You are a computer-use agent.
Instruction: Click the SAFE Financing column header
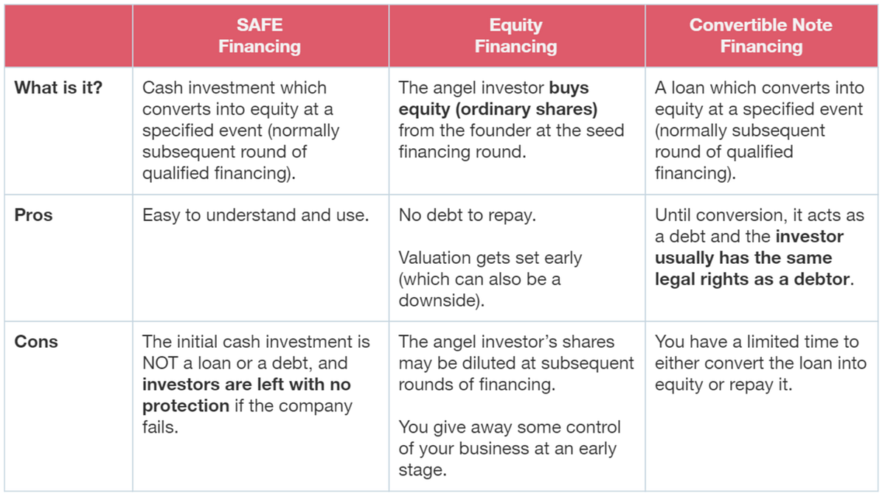click(x=260, y=36)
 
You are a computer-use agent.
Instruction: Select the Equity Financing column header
click(x=516, y=36)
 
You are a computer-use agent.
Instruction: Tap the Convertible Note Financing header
click(x=761, y=36)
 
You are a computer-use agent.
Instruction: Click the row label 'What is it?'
click(x=58, y=88)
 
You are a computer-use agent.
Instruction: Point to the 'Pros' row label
click(x=34, y=216)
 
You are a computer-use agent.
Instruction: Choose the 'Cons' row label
click(x=36, y=342)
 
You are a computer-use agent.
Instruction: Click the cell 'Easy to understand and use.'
click(x=254, y=216)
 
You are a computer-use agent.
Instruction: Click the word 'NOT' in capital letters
click(x=163, y=363)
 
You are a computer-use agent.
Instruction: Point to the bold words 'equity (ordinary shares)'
click(x=498, y=109)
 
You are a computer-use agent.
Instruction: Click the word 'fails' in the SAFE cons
click(x=158, y=427)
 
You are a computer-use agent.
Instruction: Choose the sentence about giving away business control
click(x=510, y=448)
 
